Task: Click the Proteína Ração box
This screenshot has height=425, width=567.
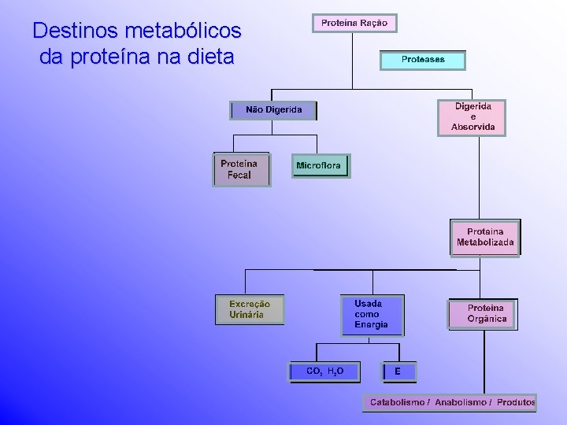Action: pyautogui.click(x=354, y=24)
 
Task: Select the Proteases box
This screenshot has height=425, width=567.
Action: pyautogui.click(x=423, y=60)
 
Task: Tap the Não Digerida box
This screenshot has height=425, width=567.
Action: pyautogui.click(x=273, y=110)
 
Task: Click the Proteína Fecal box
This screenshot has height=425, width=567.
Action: pyautogui.click(x=241, y=169)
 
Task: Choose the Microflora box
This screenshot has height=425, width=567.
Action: pyautogui.click(x=320, y=166)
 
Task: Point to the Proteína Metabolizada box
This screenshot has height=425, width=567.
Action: pyautogui.click(x=485, y=237)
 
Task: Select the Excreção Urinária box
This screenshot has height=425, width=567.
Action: pyautogui.click(x=250, y=309)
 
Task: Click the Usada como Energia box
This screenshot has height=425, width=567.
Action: pyautogui.click(x=372, y=314)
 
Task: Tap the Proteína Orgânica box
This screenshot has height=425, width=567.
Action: pyautogui.click(x=482, y=313)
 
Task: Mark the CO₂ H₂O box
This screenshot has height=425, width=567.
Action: pyautogui.click(x=324, y=371)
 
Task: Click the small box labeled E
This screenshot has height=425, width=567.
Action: pyautogui.click(x=398, y=371)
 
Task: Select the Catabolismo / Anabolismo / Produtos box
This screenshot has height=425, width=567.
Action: pyautogui.click(x=450, y=402)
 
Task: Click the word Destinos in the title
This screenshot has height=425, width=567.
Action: pyautogui.click(x=66, y=31)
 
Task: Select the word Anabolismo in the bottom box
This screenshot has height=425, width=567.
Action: pyautogui.click(x=460, y=402)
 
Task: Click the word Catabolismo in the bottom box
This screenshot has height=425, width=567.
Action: pyautogui.click(x=399, y=402)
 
